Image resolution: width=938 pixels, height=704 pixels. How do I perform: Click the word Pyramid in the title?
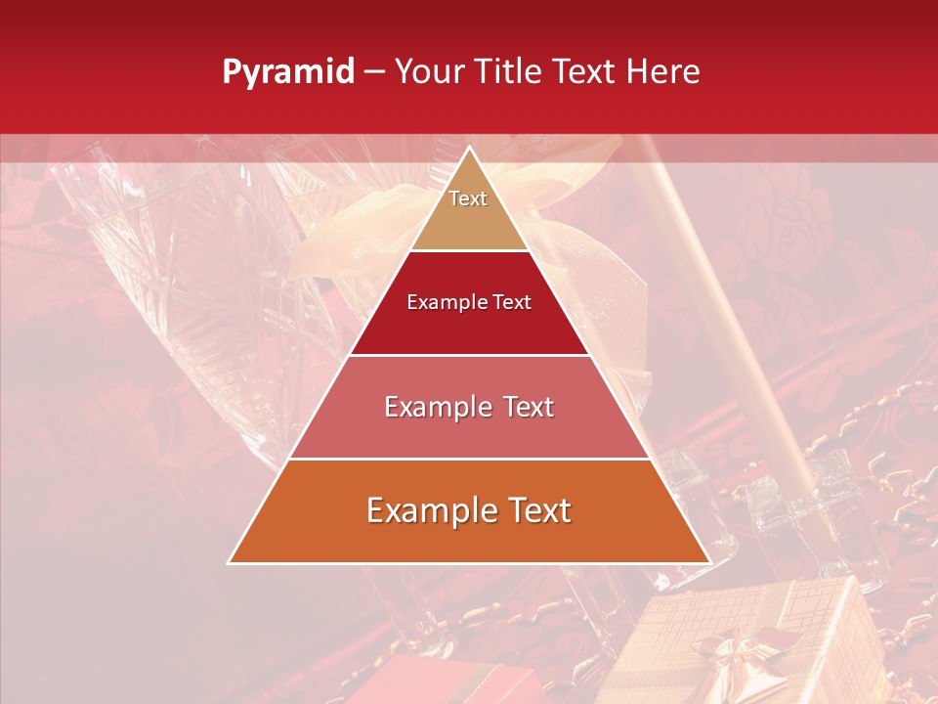(287, 72)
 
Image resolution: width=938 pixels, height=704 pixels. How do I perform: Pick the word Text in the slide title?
(583, 71)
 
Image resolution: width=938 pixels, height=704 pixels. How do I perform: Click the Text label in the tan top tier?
(468, 198)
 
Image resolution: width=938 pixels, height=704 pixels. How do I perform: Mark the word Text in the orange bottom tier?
(535, 510)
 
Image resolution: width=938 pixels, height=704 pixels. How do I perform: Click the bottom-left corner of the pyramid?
(230, 562)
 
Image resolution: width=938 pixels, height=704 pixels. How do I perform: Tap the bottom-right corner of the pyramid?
(709, 562)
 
